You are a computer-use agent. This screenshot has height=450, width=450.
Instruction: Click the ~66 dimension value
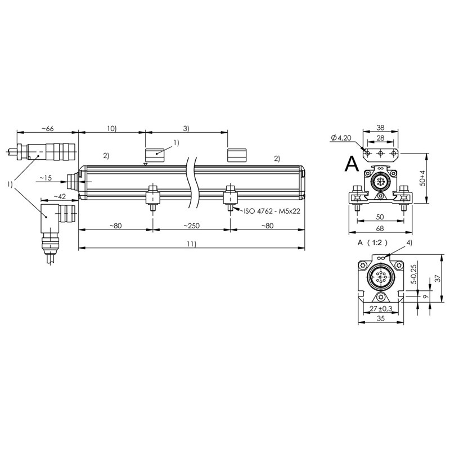[48, 129]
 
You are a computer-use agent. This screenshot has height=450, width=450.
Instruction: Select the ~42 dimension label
[60, 196]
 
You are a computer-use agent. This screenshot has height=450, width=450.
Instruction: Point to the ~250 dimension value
[191, 226]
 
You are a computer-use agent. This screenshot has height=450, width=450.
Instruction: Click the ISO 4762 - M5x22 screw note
[272, 211]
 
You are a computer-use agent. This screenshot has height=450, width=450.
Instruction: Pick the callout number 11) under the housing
[191, 244]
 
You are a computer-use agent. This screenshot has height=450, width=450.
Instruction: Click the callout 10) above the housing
[111, 128]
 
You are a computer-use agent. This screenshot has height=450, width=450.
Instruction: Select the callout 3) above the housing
[186, 128]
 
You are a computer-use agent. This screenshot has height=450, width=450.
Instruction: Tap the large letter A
[352, 164]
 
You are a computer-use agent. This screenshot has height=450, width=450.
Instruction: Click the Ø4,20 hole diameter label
[341, 138]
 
